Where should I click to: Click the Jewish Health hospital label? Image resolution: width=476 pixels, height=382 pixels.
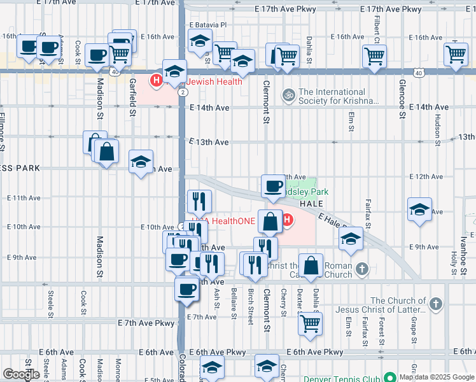pos(214,81)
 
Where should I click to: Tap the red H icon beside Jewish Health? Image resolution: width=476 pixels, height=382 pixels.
pos(155,81)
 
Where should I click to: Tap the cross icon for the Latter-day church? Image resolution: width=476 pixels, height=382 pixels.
pos(436,305)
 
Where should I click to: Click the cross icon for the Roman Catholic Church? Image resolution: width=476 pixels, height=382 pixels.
pos(361,269)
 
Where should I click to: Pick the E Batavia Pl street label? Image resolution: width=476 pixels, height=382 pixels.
pos(208,25)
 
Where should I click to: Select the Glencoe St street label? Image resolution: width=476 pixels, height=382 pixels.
pos(402,99)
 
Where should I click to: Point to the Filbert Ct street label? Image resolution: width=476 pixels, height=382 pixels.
pos(377,25)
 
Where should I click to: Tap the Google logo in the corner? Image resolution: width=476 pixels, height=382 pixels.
pos(21,374)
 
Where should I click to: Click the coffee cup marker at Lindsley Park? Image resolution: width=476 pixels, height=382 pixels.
pos(274,186)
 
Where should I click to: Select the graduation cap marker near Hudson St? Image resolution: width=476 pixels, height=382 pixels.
pos(419,210)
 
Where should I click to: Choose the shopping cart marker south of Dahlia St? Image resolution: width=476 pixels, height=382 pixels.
pos(311,323)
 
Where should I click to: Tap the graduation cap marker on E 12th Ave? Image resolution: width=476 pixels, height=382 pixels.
pos(141,162)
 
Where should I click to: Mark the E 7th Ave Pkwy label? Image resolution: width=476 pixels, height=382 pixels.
pos(145,323)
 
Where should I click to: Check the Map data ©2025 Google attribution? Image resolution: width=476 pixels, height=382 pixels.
pos(436,377)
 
